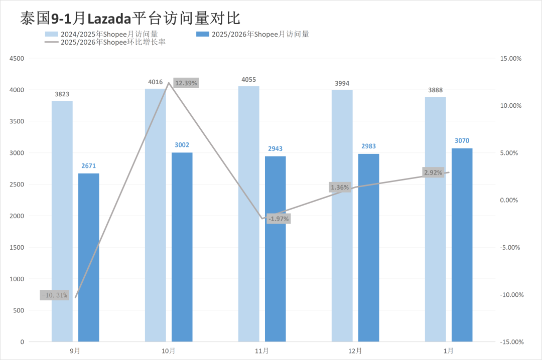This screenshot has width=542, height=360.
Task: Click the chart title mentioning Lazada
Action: [130, 19]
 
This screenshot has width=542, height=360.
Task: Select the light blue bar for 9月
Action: [62, 221]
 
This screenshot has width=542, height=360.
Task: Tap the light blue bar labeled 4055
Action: [249, 214]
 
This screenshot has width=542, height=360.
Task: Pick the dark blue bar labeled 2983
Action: [368, 248]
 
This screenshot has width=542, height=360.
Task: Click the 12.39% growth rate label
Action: [186, 83]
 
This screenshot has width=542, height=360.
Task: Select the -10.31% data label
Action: [54, 295]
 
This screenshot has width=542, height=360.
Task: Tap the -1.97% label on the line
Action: [279, 219]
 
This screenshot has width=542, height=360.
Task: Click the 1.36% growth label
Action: [339, 188]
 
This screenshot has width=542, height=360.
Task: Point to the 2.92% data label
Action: [433, 172]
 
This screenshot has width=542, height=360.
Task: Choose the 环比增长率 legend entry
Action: [105, 42]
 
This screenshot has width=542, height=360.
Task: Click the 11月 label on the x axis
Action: [262, 351]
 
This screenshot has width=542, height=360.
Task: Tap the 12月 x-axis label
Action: [355, 351]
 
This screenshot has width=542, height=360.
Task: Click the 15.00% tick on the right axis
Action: [511, 58]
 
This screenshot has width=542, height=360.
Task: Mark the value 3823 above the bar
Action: [62, 94]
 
